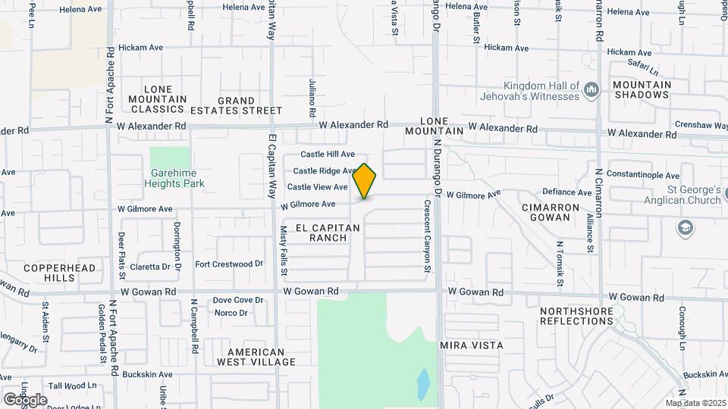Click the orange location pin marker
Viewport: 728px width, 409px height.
[x=365, y=181]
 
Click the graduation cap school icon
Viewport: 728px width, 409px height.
[x=685, y=228]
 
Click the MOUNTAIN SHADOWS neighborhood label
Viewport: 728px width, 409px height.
[x=642, y=89]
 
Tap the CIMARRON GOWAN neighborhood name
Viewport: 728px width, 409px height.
[x=545, y=212]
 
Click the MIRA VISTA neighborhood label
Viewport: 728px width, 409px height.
[x=472, y=345]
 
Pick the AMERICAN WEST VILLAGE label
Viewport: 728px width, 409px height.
[x=256, y=357]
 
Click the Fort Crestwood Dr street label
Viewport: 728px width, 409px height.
[x=229, y=264]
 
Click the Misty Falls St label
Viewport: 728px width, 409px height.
[x=284, y=242]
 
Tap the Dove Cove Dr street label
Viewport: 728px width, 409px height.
[x=237, y=300]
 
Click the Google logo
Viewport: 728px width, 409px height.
[x=25, y=400]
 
